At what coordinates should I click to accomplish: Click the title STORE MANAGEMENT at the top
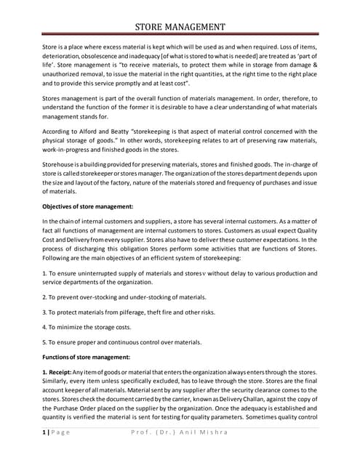(x=180, y=27)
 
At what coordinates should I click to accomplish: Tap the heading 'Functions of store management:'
(x=86, y=356)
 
